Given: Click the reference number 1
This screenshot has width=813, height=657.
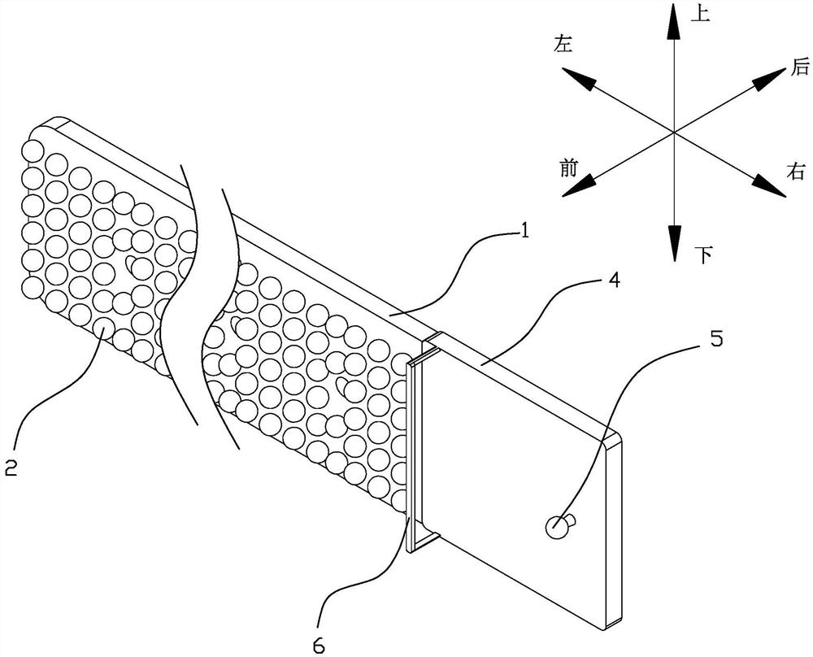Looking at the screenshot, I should click(524, 233).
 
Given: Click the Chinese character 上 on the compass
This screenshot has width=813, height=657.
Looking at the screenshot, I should click(699, 14).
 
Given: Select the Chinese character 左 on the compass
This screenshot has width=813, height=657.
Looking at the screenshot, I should click(563, 45).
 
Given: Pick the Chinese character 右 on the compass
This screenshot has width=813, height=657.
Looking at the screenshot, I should click(795, 171).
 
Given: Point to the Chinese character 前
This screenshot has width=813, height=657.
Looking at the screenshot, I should click(569, 168).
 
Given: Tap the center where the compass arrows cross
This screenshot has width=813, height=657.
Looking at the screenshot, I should click(673, 132).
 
